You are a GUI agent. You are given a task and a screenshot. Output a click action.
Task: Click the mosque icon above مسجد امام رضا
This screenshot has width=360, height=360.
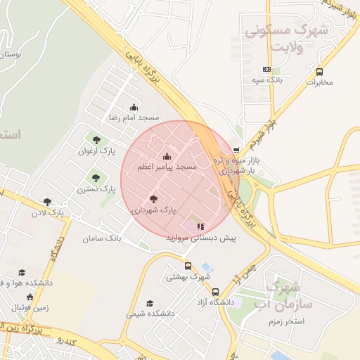(134, 108)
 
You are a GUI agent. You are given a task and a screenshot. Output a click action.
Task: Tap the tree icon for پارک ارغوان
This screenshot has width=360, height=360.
(96, 140)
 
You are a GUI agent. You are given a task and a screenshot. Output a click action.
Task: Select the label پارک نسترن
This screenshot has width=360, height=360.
(97, 189)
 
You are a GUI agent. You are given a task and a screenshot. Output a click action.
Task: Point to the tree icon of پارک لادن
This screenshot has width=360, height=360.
(47, 202)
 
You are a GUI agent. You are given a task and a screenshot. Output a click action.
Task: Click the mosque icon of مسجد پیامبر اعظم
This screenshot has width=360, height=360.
(167, 157)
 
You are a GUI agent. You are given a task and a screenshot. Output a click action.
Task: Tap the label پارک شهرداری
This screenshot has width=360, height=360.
(153, 210)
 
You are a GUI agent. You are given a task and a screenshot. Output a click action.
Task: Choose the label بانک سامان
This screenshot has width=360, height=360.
(103, 239)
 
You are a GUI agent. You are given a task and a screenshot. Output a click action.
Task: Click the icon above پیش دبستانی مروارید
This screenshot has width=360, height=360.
(200, 227)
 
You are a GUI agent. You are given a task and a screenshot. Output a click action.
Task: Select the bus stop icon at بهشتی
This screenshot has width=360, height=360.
(188, 266)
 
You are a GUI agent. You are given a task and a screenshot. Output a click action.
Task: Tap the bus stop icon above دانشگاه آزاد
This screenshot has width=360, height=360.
(215, 292)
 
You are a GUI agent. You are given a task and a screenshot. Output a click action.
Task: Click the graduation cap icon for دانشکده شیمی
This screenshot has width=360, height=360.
(150, 303)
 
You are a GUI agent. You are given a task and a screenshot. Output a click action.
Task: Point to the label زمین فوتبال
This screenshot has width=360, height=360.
(30, 308)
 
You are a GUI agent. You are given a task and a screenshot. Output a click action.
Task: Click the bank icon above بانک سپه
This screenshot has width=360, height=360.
(266, 69)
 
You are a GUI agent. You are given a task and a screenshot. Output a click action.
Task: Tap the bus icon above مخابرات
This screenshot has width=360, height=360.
(320, 72)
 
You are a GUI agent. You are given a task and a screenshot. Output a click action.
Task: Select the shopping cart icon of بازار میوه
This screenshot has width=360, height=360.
(236, 150)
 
